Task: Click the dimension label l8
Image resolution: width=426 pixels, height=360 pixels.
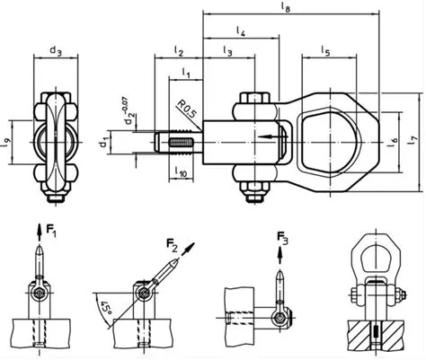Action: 287,8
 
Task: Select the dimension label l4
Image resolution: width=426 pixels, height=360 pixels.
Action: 242,31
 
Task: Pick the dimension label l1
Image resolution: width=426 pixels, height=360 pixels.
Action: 185,72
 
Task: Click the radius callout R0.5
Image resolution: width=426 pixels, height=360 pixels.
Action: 187,110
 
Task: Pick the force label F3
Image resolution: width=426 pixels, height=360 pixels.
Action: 284,239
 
